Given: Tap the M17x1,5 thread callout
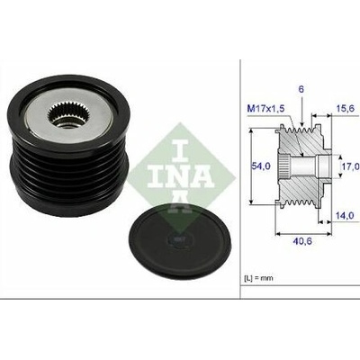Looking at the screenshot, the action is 265,109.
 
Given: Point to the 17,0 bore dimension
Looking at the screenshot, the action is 351,166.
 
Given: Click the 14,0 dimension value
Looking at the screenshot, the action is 345,215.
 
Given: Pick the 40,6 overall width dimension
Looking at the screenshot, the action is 302,241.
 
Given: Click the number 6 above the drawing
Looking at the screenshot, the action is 301,89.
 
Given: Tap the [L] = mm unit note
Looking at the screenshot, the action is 258,278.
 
